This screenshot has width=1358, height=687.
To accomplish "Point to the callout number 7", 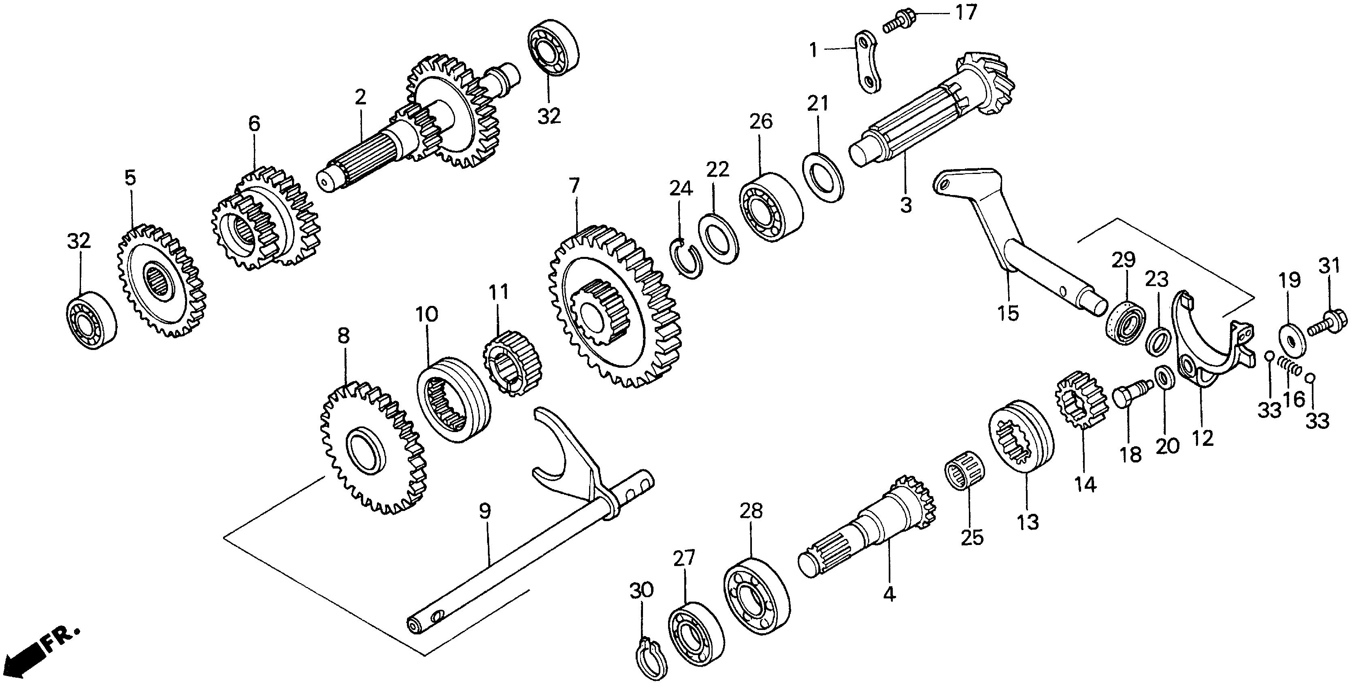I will (x=574, y=185).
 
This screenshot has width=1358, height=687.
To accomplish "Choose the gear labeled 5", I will (x=161, y=282).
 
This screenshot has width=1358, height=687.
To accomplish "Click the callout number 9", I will (x=485, y=511).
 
